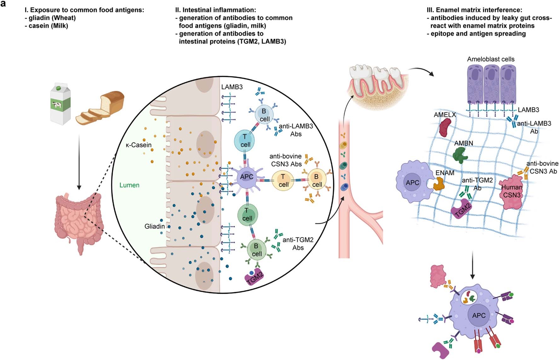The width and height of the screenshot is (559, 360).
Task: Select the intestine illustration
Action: pyautogui.click(x=79, y=220)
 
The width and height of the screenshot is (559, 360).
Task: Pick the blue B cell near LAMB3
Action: pyautogui.click(x=264, y=115)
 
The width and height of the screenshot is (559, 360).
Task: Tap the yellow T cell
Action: pyautogui.click(x=283, y=180)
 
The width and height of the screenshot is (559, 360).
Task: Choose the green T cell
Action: pyautogui.click(x=247, y=214)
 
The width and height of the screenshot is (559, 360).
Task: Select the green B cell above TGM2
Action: pyautogui.click(x=256, y=250)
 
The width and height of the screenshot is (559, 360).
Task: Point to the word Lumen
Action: pyautogui.click(x=129, y=185)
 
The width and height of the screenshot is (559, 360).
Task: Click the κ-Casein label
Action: pyautogui.click(x=138, y=145)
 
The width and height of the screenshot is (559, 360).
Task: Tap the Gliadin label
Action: pyautogui.click(x=154, y=226)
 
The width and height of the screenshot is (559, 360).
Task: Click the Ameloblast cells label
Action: pyautogui.click(x=491, y=59)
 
